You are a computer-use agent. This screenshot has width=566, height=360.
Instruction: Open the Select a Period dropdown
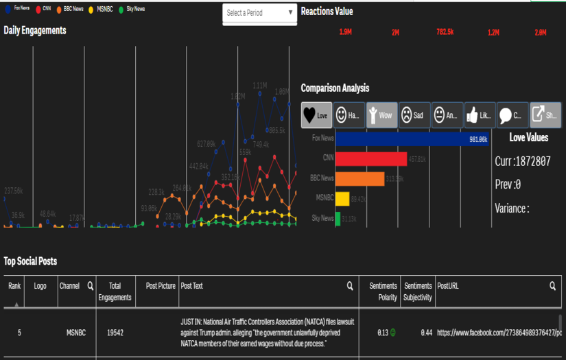[259, 13]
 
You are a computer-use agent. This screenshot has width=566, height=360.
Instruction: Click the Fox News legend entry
[17, 9]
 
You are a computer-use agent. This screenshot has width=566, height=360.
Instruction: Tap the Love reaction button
[317, 115]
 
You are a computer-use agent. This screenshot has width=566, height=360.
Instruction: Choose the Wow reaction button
[381, 115]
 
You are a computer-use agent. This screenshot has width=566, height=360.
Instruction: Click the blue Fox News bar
[412, 139]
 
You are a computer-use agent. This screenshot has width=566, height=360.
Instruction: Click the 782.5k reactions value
[445, 32]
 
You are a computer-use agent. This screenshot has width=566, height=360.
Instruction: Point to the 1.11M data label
[259, 86]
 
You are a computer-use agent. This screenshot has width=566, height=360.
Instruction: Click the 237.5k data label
[13, 191]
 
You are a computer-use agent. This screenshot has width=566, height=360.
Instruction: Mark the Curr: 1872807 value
[522, 162]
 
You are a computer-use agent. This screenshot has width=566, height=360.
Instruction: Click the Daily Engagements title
[35, 30]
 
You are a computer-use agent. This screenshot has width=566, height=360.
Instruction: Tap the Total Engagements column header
[115, 291]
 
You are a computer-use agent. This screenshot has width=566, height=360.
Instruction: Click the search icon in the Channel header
[90, 286]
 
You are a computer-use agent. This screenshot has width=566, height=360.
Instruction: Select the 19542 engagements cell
[115, 333]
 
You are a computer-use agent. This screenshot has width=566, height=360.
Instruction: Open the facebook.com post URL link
[499, 333]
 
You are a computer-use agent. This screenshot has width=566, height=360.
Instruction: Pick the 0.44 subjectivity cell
[425, 333]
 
